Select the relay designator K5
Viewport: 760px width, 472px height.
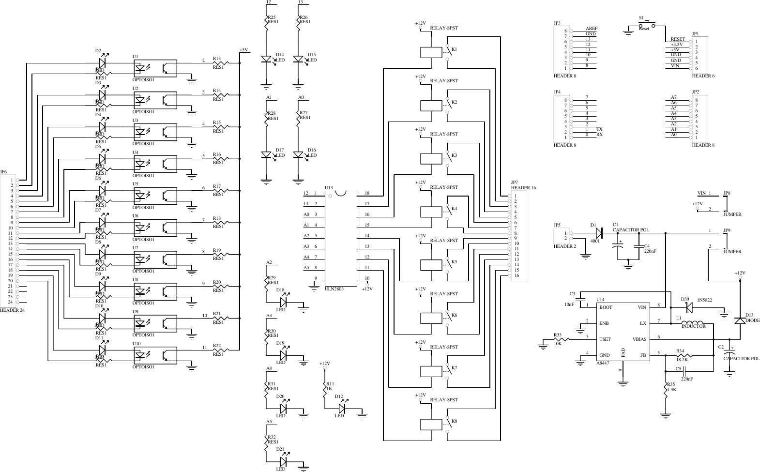[454, 262]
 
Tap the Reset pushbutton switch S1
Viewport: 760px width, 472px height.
[646, 24]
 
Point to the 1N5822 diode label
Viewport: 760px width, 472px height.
[704, 300]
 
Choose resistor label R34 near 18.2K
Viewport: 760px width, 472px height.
[680, 351]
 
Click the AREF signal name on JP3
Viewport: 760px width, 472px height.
[591, 29]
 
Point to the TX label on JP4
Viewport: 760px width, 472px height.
[600, 129]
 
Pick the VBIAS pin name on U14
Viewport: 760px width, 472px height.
[639, 339]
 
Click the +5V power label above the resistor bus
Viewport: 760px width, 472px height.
[243, 50]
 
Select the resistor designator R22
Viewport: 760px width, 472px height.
[216, 346]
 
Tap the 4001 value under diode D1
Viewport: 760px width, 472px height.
[594, 241]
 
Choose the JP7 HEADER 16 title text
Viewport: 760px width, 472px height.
[523, 188]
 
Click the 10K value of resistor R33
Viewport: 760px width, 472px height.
[557, 343]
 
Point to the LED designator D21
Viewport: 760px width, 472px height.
[280, 449]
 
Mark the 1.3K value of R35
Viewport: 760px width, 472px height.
[671, 390]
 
